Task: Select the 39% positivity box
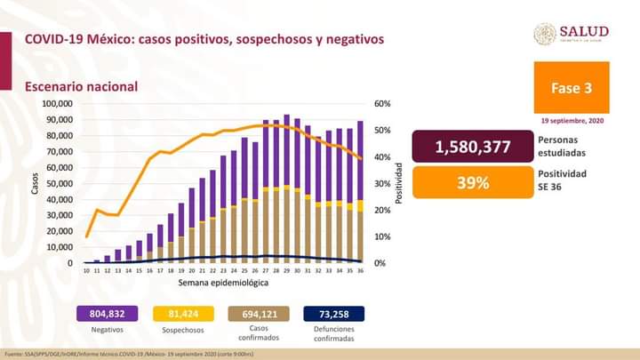click(474, 183)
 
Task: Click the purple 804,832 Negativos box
click(106, 313)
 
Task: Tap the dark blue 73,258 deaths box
click(332, 313)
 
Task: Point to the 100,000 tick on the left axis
click(59, 103)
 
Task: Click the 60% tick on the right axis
click(383, 103)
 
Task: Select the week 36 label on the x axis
click(360, 270)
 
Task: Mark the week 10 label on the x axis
click(86, 270)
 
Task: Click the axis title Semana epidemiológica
click(222, 282)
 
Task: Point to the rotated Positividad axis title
click(399, 182)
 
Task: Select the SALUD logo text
click(583, 32)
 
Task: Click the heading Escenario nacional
click(80, 86)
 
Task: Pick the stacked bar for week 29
click(286, 188)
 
